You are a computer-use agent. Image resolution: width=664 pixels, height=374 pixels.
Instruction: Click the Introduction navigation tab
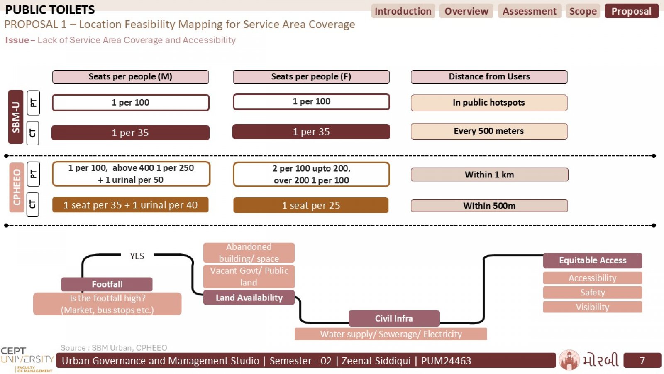[x=403, y=11]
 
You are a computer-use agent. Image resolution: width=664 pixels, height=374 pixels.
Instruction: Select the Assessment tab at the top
[x=530, y=11]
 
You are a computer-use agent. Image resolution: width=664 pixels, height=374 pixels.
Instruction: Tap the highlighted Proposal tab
[x=631, y=11]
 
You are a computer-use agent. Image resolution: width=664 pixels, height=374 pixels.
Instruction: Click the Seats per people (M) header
[x=130, y=76]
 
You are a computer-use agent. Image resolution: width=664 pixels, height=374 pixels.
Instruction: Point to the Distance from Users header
[x=489, y=76]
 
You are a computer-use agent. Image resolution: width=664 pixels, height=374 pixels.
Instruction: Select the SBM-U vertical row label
[x=16, y=117]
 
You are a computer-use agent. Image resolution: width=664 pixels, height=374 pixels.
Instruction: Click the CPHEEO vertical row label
[x=17, y=187]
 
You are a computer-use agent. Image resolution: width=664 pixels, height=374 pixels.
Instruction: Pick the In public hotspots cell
[x=489, y=103]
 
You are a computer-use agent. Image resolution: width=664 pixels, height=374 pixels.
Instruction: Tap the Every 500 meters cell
[x=489, y=131]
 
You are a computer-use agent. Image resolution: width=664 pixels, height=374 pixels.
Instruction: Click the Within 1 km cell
[x=489, y=175]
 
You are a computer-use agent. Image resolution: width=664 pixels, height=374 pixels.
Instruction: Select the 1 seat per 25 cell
[x=311, y=205]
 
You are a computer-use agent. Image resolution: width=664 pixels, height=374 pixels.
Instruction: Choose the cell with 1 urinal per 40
[x=130, y=205]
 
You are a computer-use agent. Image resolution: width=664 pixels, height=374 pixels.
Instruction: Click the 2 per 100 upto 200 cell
[x=311, y=174]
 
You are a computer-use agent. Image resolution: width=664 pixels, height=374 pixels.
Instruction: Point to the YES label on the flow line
[x=137, y=256]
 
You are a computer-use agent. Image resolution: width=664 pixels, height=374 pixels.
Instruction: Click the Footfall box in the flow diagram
[x=107, y=284]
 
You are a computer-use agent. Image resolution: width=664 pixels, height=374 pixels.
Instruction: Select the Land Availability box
[x=249, y=298]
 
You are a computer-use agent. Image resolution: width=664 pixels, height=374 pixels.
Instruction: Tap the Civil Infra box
[x=394, y=318]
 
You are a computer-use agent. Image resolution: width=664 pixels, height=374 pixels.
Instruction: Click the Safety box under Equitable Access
[x=593, y=293]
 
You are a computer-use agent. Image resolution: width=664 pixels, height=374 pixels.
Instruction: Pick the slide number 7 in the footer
[x=642, y=360]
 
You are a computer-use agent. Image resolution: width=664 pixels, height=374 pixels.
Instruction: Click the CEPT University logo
[x=27, y=359]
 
